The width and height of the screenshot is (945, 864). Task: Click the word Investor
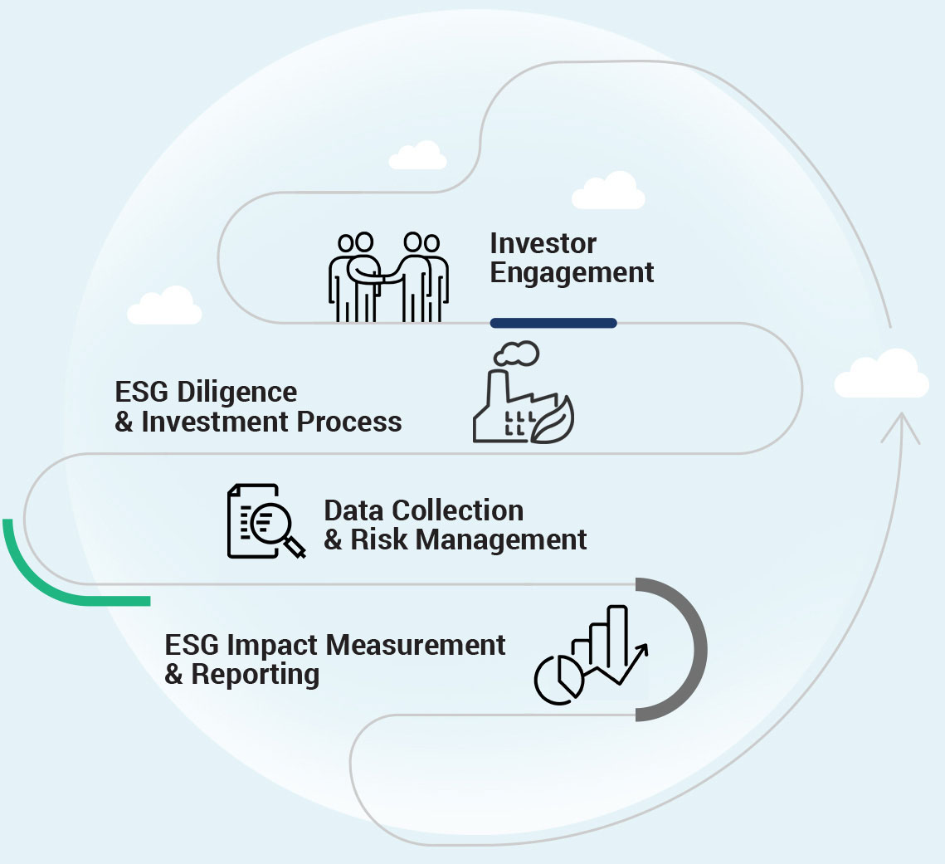(543, 244)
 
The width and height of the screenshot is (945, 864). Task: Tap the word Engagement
(572, 273)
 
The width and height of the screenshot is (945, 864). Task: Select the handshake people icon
(388, 276)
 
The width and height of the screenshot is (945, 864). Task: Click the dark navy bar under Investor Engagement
(553, 323)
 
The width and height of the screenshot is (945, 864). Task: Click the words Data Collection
(423, 510)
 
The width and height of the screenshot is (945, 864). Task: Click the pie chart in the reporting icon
(558, 679)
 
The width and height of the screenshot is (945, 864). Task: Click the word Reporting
(255, 674)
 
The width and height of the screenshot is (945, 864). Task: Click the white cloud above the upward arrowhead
(881, 375)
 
